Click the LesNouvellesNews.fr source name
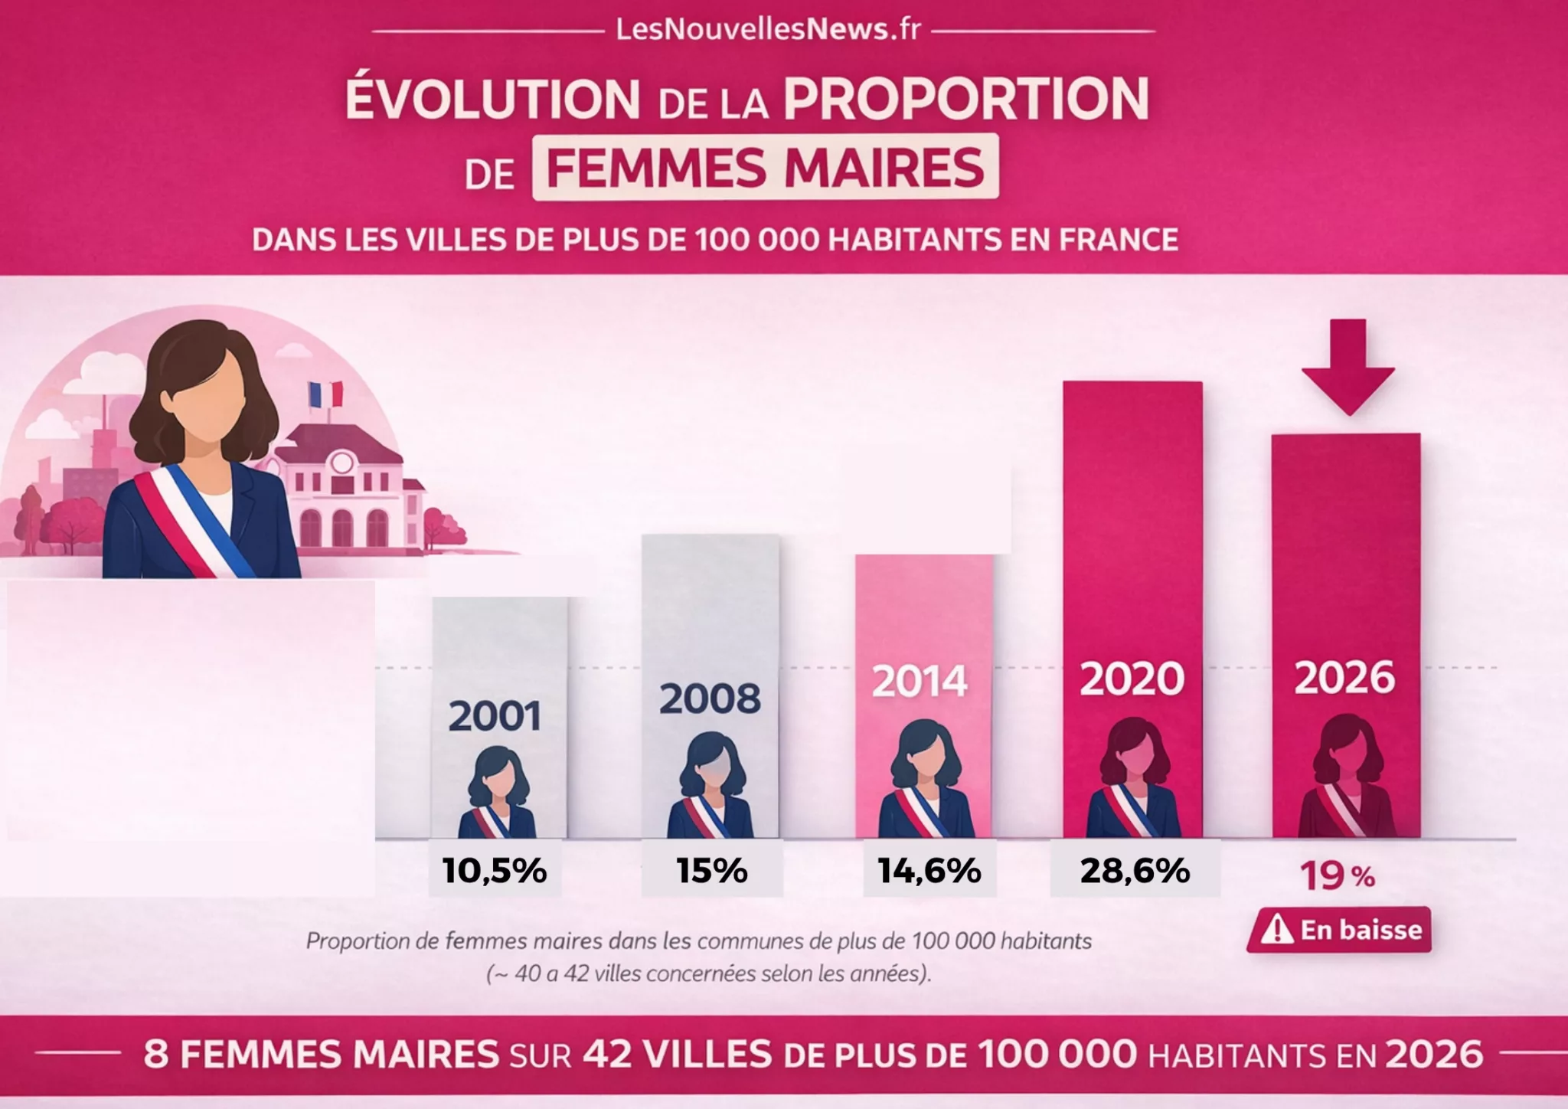pyautogui.click(x=768, y=30)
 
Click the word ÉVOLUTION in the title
pyautogui.click(x=492, y=100)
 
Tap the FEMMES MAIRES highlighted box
pyautogui.click(x=765, y=168)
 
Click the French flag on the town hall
pyautogui.click(x=325, y=394)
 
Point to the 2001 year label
pyautogui.click(x=495, y=716)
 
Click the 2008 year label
pyautogui.click(x=710, y=698)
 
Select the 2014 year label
pyautogui.click(x=920, y=682)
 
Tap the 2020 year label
pyautogui.click(x=1132, y=679)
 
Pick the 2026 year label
pyautogui.click(x=1344, y=678)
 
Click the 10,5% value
pyautogui.click(x=495, y=871)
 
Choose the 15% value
pyautogui.click(x=711, y=871)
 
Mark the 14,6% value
pyautogui.click(x=929, y=871)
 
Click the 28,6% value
pyautogui.click(x=1135, y=871)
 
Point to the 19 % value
pyautogui.click(x=1337, y=875)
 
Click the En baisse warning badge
pyautogui.click(x=1339, y=930)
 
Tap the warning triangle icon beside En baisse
pyautogui.click(x=1276, y=930)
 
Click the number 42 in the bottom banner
pyautogui.click(x=606, y=1055)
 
